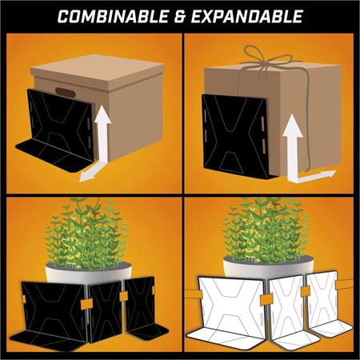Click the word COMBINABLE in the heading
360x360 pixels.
click(x=113, y=16)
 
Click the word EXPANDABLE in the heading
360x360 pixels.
click(x=247, y=16)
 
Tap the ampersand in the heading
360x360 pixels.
click(x=180, y=17)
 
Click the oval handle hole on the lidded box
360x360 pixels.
click(x=66, y=92)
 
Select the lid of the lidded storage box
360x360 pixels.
click(x=98, y=71)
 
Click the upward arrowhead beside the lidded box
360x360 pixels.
click(x=102, y=114)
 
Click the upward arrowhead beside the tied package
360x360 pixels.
click(x=293, y=126)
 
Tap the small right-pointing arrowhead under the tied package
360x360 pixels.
click(x=330, y=174)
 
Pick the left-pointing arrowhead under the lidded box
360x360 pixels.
click(x=86, y=176)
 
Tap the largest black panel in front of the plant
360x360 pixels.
click(x=54, y=310)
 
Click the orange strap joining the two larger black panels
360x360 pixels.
click(x=86, y=303)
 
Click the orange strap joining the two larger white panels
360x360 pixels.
click(x=266, y=300)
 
